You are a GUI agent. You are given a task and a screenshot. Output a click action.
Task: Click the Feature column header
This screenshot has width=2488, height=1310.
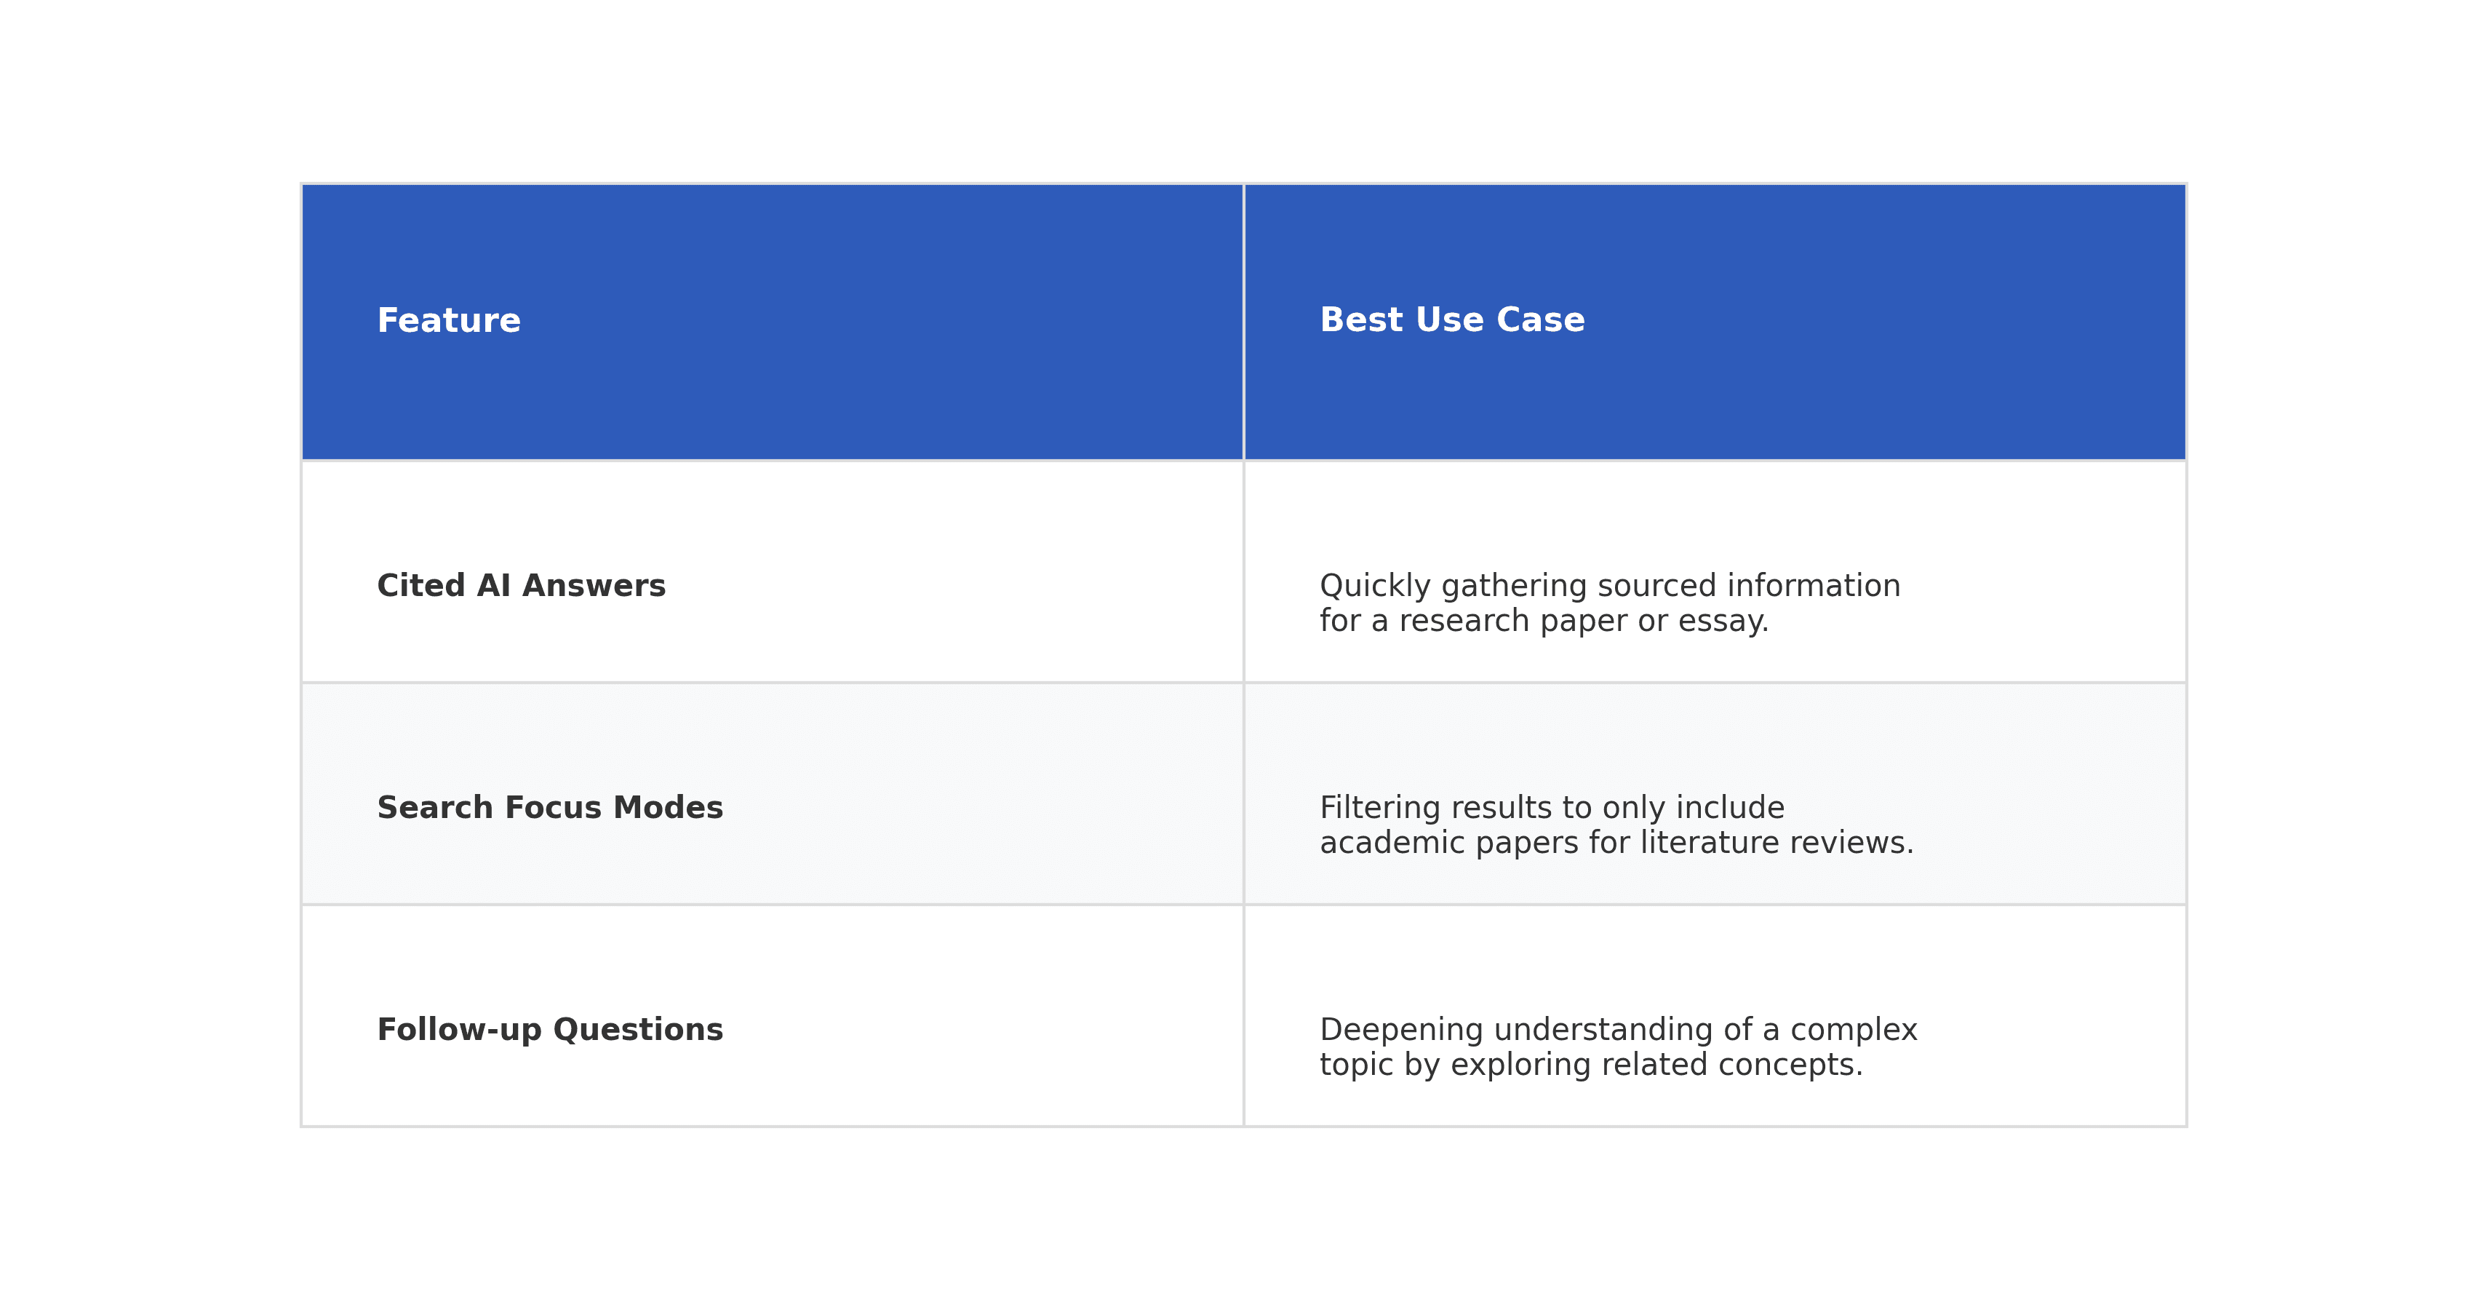[x=448, y=321]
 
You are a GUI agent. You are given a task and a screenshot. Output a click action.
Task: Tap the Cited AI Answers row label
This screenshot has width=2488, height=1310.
[x=521, y=585]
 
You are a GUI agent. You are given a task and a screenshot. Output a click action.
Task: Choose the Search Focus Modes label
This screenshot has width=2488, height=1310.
[x=549, y=808]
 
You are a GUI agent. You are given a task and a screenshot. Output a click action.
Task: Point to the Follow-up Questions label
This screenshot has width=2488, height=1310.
[x=549, y=1030]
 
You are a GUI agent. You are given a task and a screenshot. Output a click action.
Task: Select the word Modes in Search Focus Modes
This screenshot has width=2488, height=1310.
[x=669, y=808]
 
